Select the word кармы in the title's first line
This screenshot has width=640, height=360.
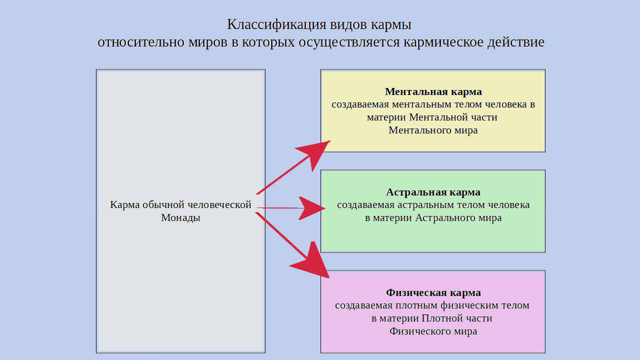pos(393,25)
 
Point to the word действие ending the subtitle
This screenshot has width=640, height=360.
pos(511,42)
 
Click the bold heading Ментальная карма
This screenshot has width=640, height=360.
pos(433,92)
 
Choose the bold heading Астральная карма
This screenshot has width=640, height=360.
pos(433,192)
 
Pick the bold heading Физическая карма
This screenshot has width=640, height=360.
pos(433,293)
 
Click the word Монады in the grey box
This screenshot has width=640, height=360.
pos(181,218)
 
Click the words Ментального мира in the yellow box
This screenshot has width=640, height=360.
pos(433,130)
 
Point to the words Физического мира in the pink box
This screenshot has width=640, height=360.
pos(433,331)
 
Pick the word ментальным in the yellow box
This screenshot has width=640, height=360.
pos(421,105)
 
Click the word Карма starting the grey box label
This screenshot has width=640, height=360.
pos(124,205)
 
